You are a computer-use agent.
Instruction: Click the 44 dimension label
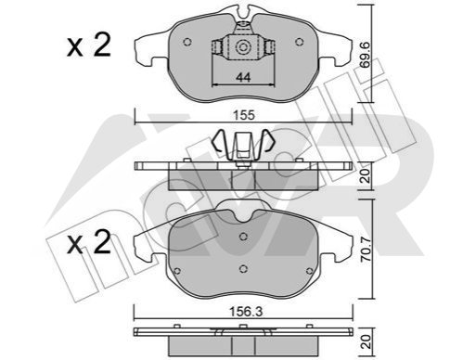coord(243,77)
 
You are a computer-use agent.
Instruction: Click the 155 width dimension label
coord(244,115)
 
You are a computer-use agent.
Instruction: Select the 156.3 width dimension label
coord(246,312)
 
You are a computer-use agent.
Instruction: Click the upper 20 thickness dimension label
coord(366,175)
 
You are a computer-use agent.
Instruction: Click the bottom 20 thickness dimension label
coord(367,342)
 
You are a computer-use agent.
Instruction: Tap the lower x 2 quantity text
coord(89,243)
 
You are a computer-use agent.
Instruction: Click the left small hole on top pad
coord(187,42)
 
